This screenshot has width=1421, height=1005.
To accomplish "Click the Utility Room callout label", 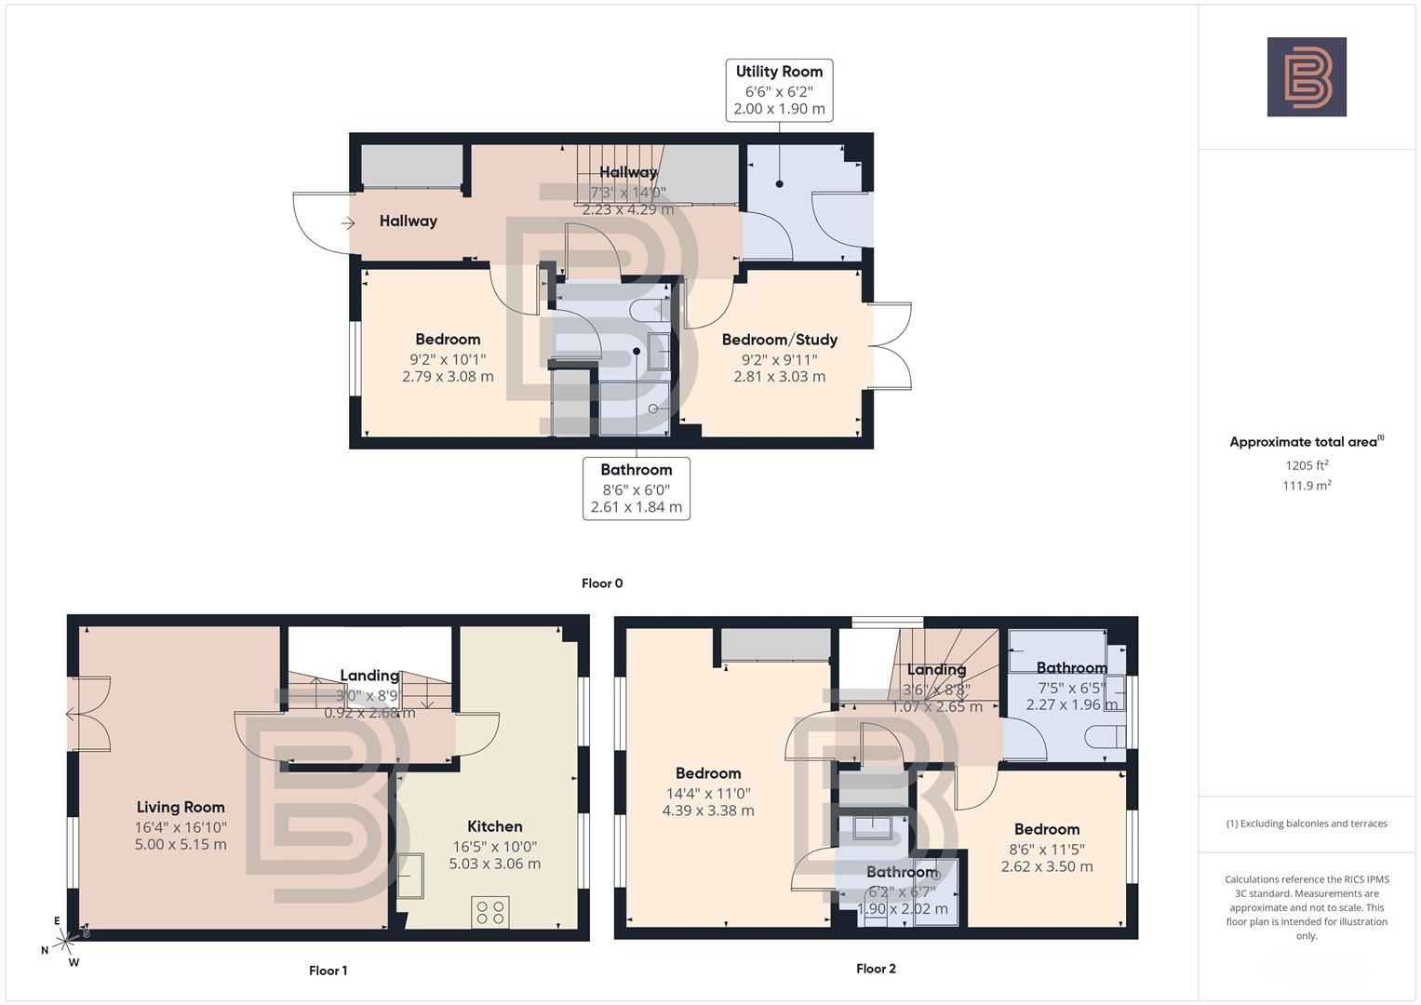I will [x=779, y=90].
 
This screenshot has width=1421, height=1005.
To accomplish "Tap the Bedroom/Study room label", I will [x=779, y=340].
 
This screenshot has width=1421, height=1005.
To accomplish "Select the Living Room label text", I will [x=181, y=807].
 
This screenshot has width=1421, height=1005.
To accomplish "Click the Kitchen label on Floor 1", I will [x=494, y=826].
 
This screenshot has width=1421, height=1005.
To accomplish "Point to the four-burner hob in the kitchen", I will [x=491, y=911].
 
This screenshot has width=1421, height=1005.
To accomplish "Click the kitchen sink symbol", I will [x=410, y=876].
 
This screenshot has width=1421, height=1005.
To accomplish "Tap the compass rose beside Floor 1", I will [x=62, y=942].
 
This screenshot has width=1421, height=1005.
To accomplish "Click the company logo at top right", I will [x=1306, y=76].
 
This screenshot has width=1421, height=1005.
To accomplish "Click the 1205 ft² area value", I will [x=1306, y=465].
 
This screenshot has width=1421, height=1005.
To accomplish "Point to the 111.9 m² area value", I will [x=1306, y=485].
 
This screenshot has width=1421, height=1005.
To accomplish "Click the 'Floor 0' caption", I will [x=602, y=583].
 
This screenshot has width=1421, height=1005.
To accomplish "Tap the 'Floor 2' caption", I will [x=876, y=969].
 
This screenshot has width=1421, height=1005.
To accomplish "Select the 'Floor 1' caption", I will [x=328, y=971].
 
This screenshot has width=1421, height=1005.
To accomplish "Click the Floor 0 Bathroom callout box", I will [x=637, y=488].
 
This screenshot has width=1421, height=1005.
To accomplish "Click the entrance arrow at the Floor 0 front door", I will [x=348, y=222].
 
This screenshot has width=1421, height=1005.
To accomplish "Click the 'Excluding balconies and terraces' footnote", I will [x=1306, y=824].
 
